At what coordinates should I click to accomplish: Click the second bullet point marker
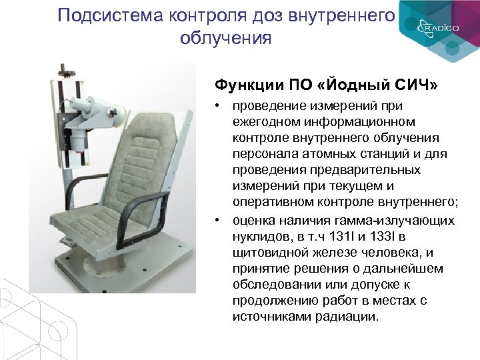click(x=218, y=220)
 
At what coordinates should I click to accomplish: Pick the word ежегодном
click(x=267, y=122)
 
